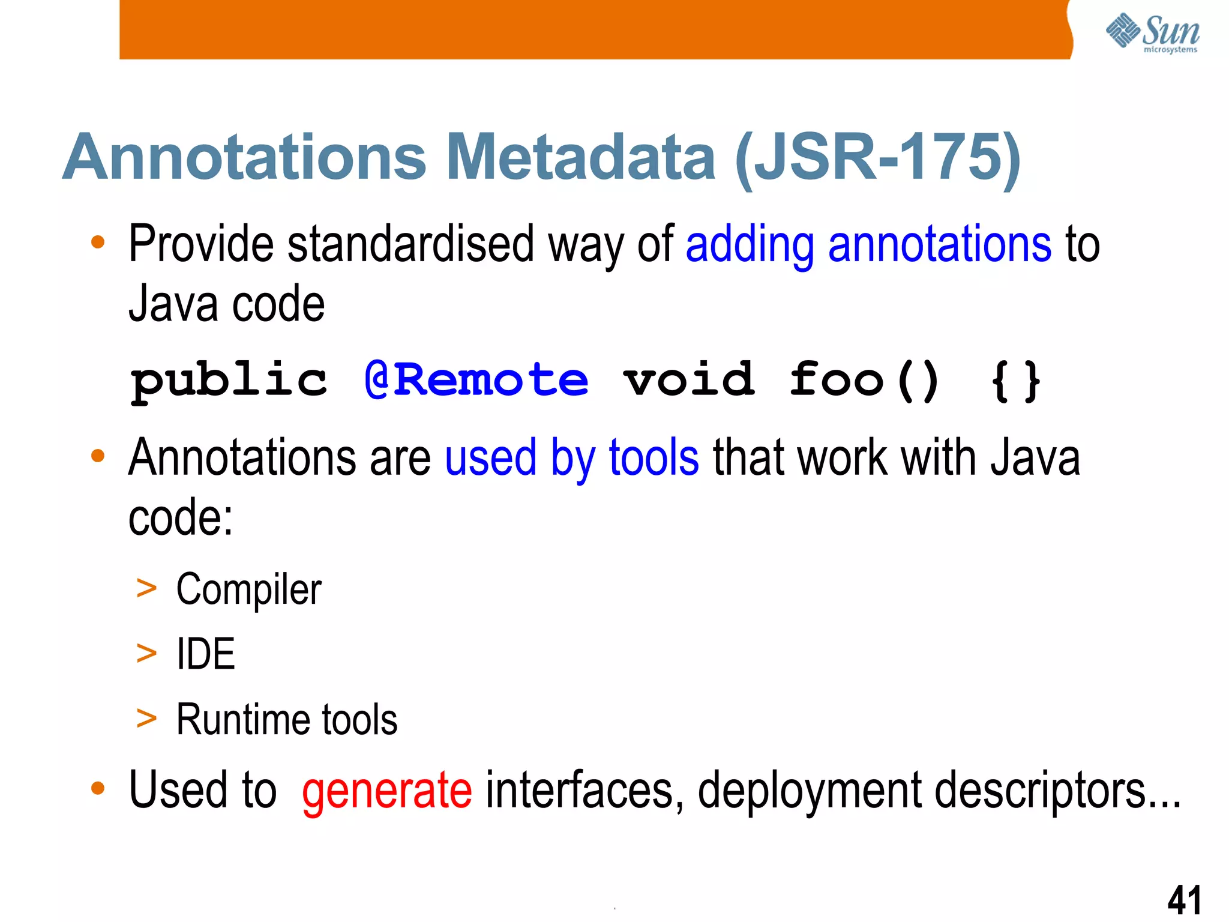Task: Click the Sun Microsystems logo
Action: point(1152,33)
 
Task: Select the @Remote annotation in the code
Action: point(476,380)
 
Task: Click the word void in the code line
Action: point(689,380)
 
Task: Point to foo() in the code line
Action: point(864,380)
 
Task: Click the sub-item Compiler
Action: point(248,589)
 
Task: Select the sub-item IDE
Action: point(205,654)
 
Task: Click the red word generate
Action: point(386,791)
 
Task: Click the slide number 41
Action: point(1184,900)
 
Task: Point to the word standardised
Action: point(410,244)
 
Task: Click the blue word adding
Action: point(750,245)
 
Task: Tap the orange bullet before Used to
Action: point(98,788)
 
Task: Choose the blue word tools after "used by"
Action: point(654,458)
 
